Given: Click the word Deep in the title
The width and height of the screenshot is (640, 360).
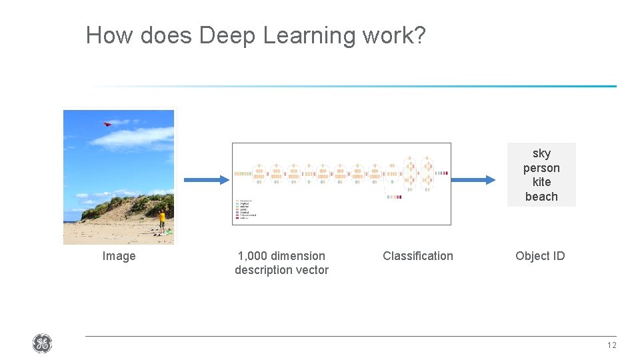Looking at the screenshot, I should pyautogui.click(x=227, y=35).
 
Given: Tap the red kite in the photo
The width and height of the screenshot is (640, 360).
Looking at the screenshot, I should pyautogui.click(x=107, y=123).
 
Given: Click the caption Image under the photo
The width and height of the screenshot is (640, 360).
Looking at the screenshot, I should pyautogui.click(x=119, y=256).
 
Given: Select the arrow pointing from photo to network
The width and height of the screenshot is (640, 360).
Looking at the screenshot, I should pyautogui.click(x=205, y=179).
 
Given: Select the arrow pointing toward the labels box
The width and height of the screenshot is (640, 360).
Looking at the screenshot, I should pyautogui.click(x=475, y=179).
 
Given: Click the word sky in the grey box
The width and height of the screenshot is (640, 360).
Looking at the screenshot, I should pyautogui.click(x=541, y=154).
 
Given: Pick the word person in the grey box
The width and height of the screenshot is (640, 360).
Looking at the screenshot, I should pyautogui.click(x=541, y=168).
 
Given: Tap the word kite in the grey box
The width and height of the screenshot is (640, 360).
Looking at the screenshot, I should pyautogui.click(x=541, y=182).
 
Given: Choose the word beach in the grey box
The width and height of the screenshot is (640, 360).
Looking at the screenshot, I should pyautogui.click(x=541, y=197).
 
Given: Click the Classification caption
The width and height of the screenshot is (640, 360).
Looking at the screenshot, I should pyautogui.click(x=417, y=256).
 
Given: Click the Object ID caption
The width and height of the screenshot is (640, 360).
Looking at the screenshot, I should pyautogui.click(x=540, y=256).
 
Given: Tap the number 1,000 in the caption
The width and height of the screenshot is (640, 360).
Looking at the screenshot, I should pyautogui.click(x=251, y=256).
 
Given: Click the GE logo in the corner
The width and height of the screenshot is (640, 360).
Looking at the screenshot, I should pyautogui.click(x=42, y=344).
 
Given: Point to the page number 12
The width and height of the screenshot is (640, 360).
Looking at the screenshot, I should pyautogui.click(x=611, y=345).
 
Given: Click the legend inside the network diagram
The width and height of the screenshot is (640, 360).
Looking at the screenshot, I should pyautogui.click(x=246, y=209).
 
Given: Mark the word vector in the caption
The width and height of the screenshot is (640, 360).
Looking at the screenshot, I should pyautogui.click(x=311, y=270).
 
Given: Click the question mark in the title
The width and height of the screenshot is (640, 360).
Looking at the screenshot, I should pyautogui.click(x=419, y=35).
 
